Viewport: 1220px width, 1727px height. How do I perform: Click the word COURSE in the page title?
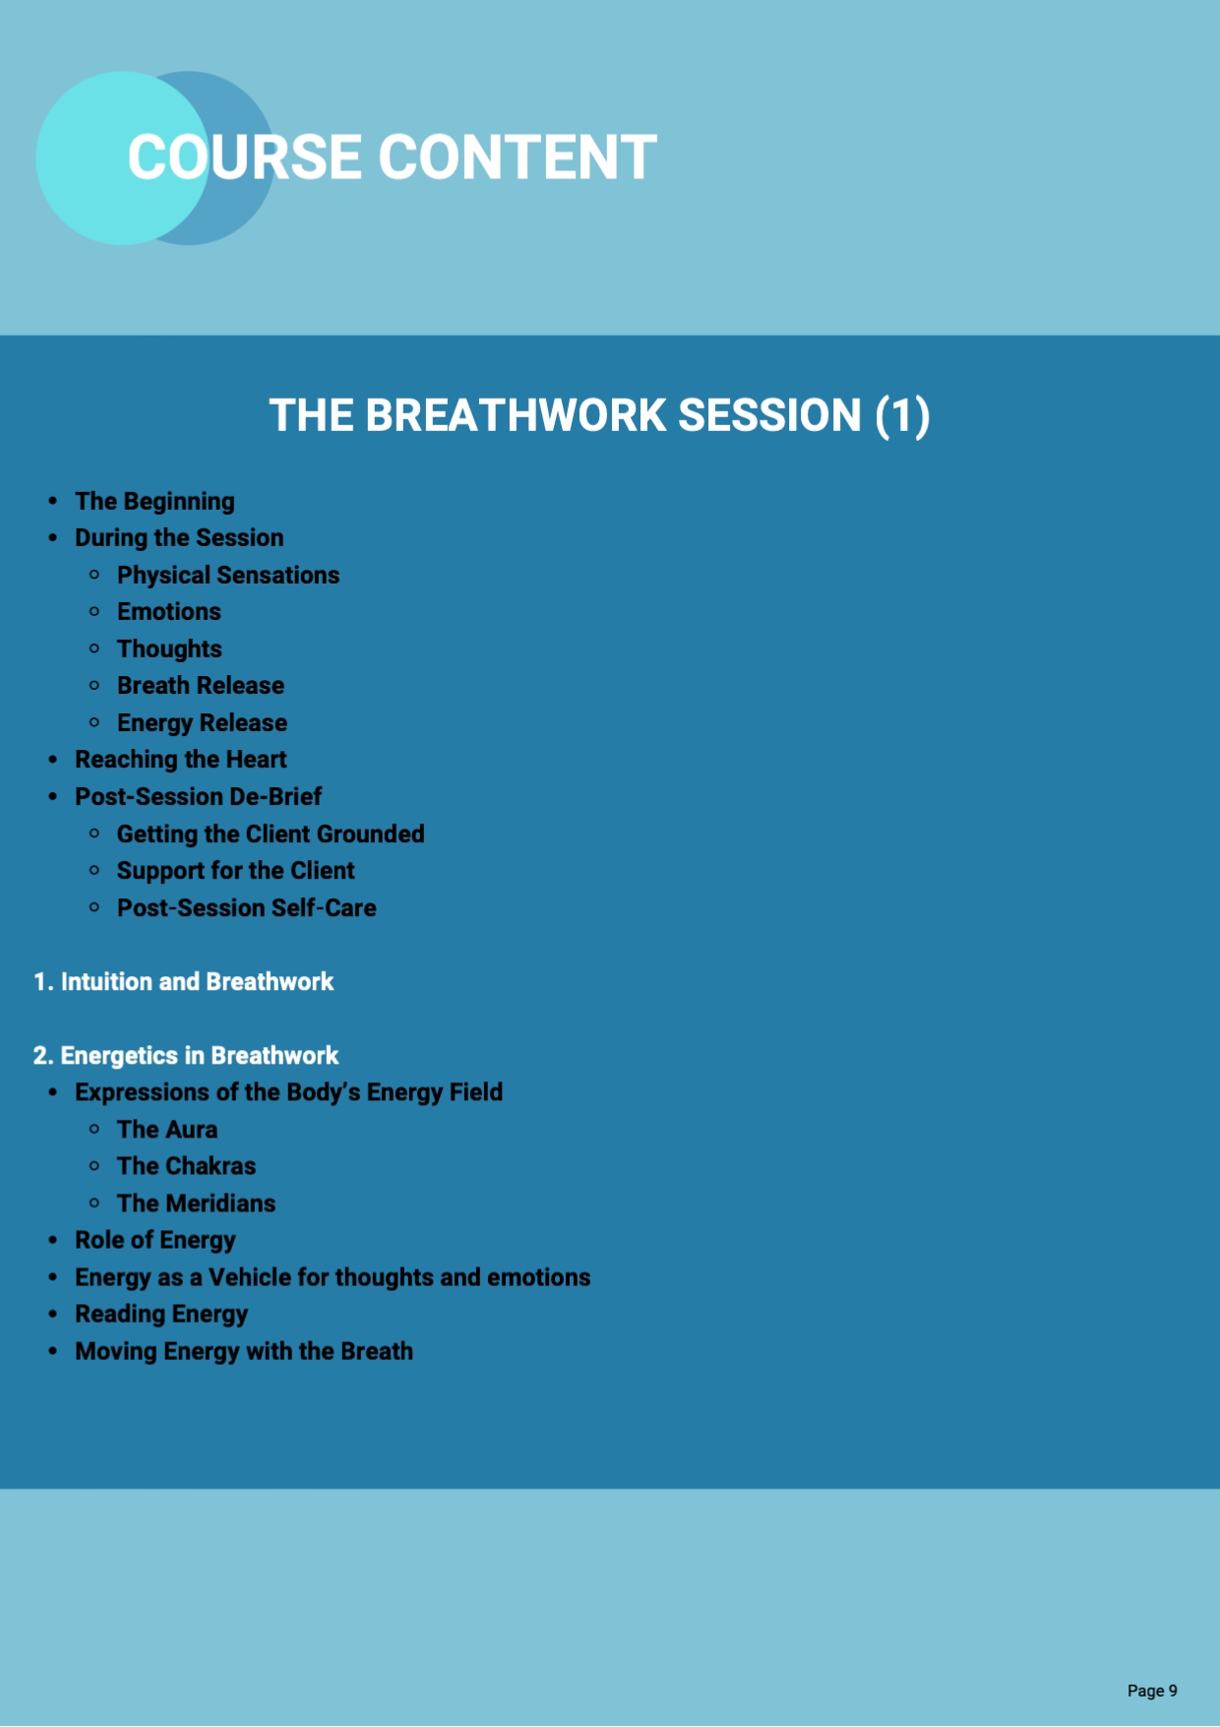[245, 157]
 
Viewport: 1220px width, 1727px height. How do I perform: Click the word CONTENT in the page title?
[518, 157]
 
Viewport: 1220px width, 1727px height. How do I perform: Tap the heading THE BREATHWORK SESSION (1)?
[599, 415]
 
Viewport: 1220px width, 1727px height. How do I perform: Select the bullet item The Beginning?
[154, 502]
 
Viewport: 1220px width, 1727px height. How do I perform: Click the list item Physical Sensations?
[228, 575]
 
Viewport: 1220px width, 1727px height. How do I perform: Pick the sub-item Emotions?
[169, 612]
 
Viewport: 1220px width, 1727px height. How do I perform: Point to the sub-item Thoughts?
[169, 649]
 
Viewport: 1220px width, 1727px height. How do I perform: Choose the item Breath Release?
[201, 686]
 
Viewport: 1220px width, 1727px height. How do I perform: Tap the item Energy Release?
[202, 723]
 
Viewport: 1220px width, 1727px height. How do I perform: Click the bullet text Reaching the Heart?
[181, 760]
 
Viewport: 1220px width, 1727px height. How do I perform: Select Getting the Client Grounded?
[271, 834]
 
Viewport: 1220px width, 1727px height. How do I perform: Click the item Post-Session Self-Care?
[247, 908]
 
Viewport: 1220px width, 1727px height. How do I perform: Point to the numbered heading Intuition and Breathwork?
[184, 982]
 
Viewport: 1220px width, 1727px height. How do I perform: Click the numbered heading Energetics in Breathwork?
[186, 1056]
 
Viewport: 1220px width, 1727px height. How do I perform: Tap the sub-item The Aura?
[167, 1130]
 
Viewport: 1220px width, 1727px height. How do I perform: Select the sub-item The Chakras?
[186, 1166]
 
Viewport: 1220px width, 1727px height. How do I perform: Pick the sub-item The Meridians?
[196, 1203]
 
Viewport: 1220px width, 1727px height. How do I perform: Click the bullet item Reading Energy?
[161, 1315]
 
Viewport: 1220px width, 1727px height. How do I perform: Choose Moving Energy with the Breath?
[244, 1352]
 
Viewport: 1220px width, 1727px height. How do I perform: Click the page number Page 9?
[1152, 1691]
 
